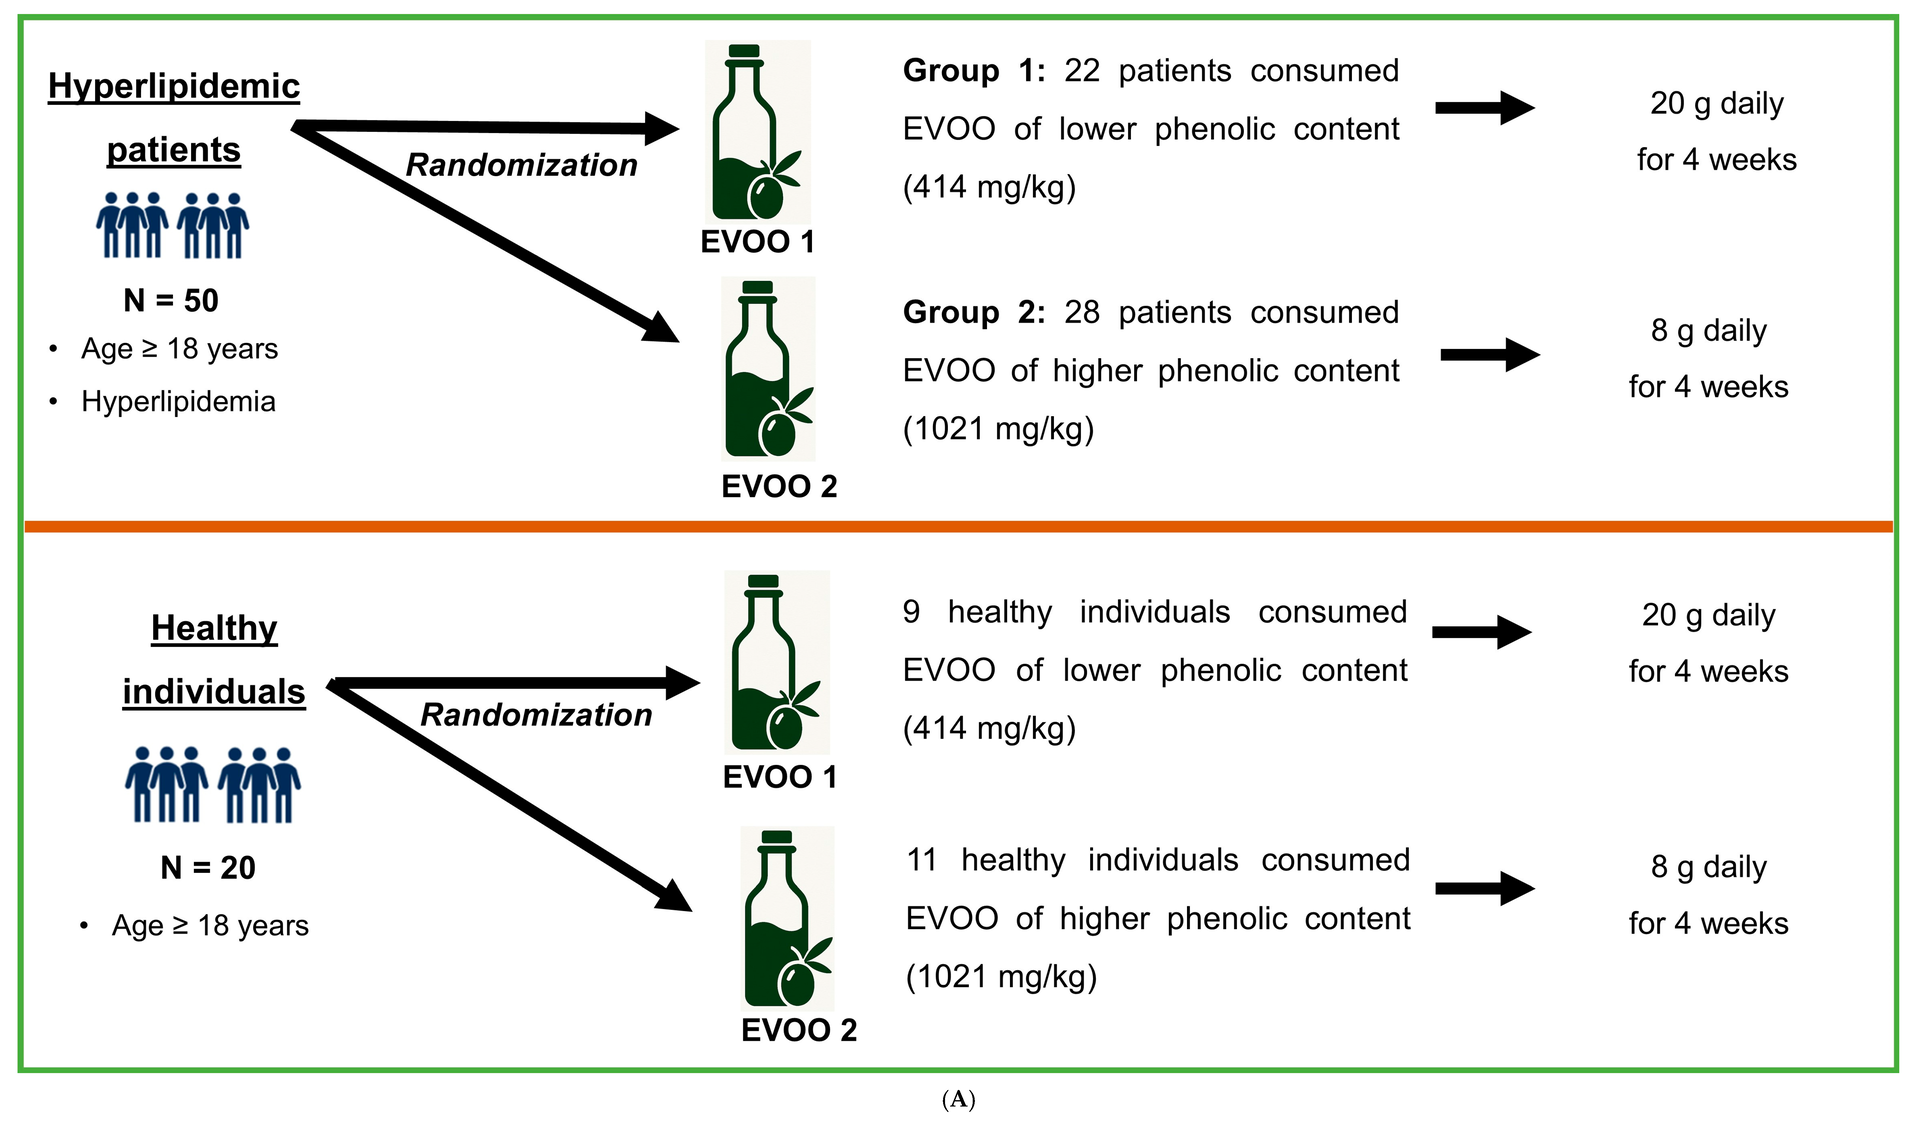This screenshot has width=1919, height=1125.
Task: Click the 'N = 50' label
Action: point(171,300)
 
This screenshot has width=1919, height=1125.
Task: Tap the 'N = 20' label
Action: point(208,867)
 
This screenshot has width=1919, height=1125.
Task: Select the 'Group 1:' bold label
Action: point(974,71)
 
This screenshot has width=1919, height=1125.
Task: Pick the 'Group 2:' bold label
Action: point(974,313)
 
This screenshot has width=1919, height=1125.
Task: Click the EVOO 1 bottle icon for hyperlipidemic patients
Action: point(758,132)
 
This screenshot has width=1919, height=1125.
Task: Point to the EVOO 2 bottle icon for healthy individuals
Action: point(787,918)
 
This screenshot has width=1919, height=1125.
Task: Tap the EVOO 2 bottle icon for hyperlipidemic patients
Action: point(769,369)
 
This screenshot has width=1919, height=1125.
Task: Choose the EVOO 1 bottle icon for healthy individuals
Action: point(777,662)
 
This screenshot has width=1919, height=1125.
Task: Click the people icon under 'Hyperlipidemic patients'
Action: point(173,226)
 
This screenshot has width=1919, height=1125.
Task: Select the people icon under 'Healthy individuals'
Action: point(213,785)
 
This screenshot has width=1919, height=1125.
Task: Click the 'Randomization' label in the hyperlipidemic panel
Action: point(522,165)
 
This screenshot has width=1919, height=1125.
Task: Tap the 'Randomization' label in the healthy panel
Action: point(536,715)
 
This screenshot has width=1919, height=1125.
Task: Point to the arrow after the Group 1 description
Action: point(1485,107)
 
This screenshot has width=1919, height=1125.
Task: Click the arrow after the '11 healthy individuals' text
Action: point(1485,888)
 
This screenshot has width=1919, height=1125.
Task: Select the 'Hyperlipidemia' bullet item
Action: point(178,402)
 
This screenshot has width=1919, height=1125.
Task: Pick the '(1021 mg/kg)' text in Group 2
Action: point(998,429)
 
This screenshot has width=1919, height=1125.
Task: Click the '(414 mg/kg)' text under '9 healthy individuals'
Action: point(989,728)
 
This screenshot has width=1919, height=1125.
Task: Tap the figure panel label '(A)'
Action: point(958,1100)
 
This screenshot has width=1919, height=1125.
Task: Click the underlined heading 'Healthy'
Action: point(214,629)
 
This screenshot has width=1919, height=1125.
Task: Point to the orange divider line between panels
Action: point(959,526)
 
